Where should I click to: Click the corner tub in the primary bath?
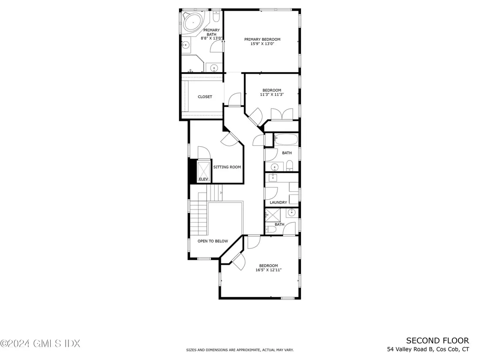192,22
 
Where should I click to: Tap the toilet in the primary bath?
216,17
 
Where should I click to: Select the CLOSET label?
205,97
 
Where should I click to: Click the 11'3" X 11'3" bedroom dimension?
272,94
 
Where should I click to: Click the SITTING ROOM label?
227,167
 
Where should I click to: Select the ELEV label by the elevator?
203,179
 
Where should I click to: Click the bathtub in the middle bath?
285,139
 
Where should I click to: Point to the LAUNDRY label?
278,202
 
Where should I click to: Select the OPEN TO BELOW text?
212,241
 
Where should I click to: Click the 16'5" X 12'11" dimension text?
269,270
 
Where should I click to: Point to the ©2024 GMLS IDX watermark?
40,344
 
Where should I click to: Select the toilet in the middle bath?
290,165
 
